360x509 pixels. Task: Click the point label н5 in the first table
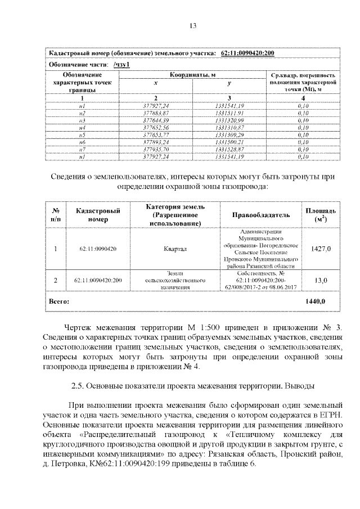(x=82, y=136)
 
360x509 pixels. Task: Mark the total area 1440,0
(x=315, y=301)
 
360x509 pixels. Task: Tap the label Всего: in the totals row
(x=59, y=301)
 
